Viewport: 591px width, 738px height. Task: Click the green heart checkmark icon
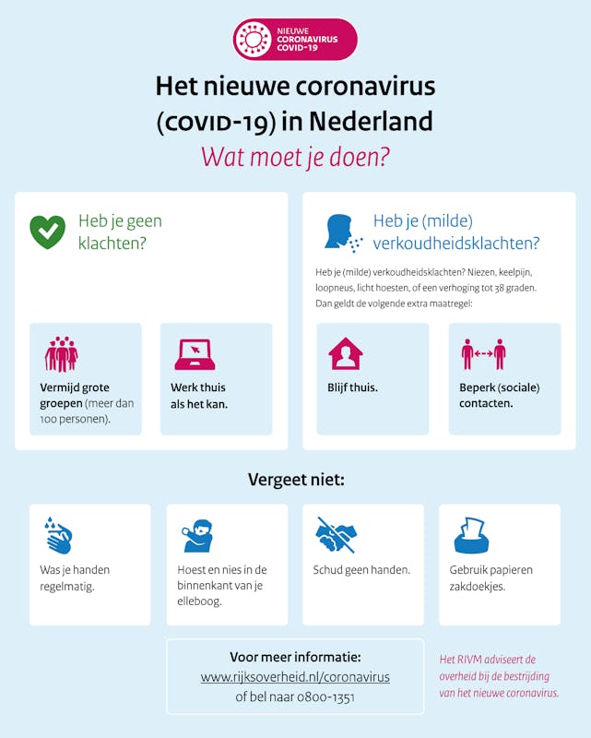[x=47, y=232]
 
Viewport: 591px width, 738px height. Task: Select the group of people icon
[x=61, y=354]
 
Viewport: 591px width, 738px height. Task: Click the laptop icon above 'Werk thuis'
[x=195, y=354]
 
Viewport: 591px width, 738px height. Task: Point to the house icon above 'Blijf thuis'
[x=345, y=353]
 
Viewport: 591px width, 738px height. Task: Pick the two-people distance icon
[x=483, y=353]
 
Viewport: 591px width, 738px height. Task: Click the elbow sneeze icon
[x=196, y=535]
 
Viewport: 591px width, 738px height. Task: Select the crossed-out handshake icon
[x=336, y=535]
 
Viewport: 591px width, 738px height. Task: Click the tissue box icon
[x=471, y=535]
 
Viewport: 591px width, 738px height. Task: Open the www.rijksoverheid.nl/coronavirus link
[x=295, y=677]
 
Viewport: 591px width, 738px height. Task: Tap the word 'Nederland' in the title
[x=371, y=121]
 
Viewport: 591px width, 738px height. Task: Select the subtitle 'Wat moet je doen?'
[x=295, y=156]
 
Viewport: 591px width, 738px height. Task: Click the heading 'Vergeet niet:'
[x=295, y=480]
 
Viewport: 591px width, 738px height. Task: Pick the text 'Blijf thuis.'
[x=352, y=387]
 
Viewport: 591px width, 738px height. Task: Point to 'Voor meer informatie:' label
[x=295, y=657]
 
